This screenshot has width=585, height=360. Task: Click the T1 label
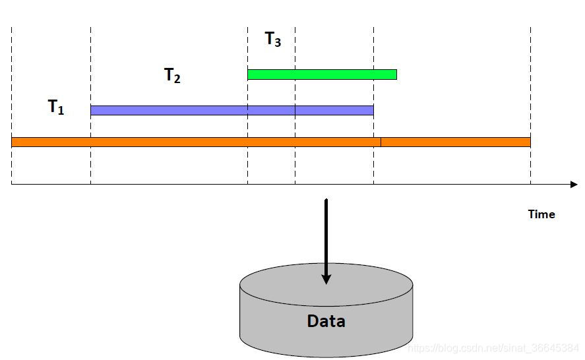coord(56,107)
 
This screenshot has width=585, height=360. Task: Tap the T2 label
coord(172,75)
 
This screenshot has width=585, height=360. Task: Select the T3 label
coord(272,40)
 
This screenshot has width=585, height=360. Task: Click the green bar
coord(322,75)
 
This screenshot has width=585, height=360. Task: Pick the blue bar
coord(231,110)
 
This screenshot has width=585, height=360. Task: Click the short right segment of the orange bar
coord(455,142)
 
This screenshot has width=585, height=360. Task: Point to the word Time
coord(541,214)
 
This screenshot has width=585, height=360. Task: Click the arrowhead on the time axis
coord(573,185)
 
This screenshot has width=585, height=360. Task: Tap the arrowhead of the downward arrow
coord(326,279)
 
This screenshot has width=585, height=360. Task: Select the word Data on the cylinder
coord(326,321)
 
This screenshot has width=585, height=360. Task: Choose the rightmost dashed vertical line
coord(530,79)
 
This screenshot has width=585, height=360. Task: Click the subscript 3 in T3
coord(278,44)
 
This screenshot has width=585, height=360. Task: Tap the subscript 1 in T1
coord(61,111)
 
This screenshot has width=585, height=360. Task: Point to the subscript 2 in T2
coord(177,79)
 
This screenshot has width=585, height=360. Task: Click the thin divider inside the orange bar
coord(381,142)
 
